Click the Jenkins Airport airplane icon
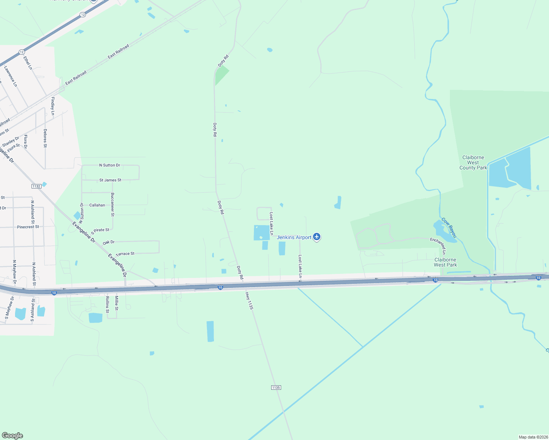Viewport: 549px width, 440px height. point(317,237)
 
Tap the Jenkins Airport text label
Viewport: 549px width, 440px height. point(294,238)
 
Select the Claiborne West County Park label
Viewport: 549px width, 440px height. point(473,162)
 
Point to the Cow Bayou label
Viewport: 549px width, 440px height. point(449,227)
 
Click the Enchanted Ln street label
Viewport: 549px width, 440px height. point(438,246)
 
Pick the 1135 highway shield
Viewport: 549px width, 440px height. point(276,388)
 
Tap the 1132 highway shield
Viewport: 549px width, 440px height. point(36,186)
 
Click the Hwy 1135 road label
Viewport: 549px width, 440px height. point(249,300)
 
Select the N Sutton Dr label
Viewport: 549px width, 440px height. point(110,165)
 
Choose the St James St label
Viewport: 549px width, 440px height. point(110,180)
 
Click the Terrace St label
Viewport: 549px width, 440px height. point(125,254)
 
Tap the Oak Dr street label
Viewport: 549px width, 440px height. point(109,242)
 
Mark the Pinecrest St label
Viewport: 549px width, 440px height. point(28,227)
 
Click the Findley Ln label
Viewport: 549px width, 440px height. point(53,106)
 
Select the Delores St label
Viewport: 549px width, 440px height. point(45,138)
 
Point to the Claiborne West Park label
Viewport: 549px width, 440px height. point(445,262)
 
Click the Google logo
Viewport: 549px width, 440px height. point(12,436)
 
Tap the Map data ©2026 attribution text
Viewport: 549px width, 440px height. point(533,437)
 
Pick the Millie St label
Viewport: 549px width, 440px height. point(116,303)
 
